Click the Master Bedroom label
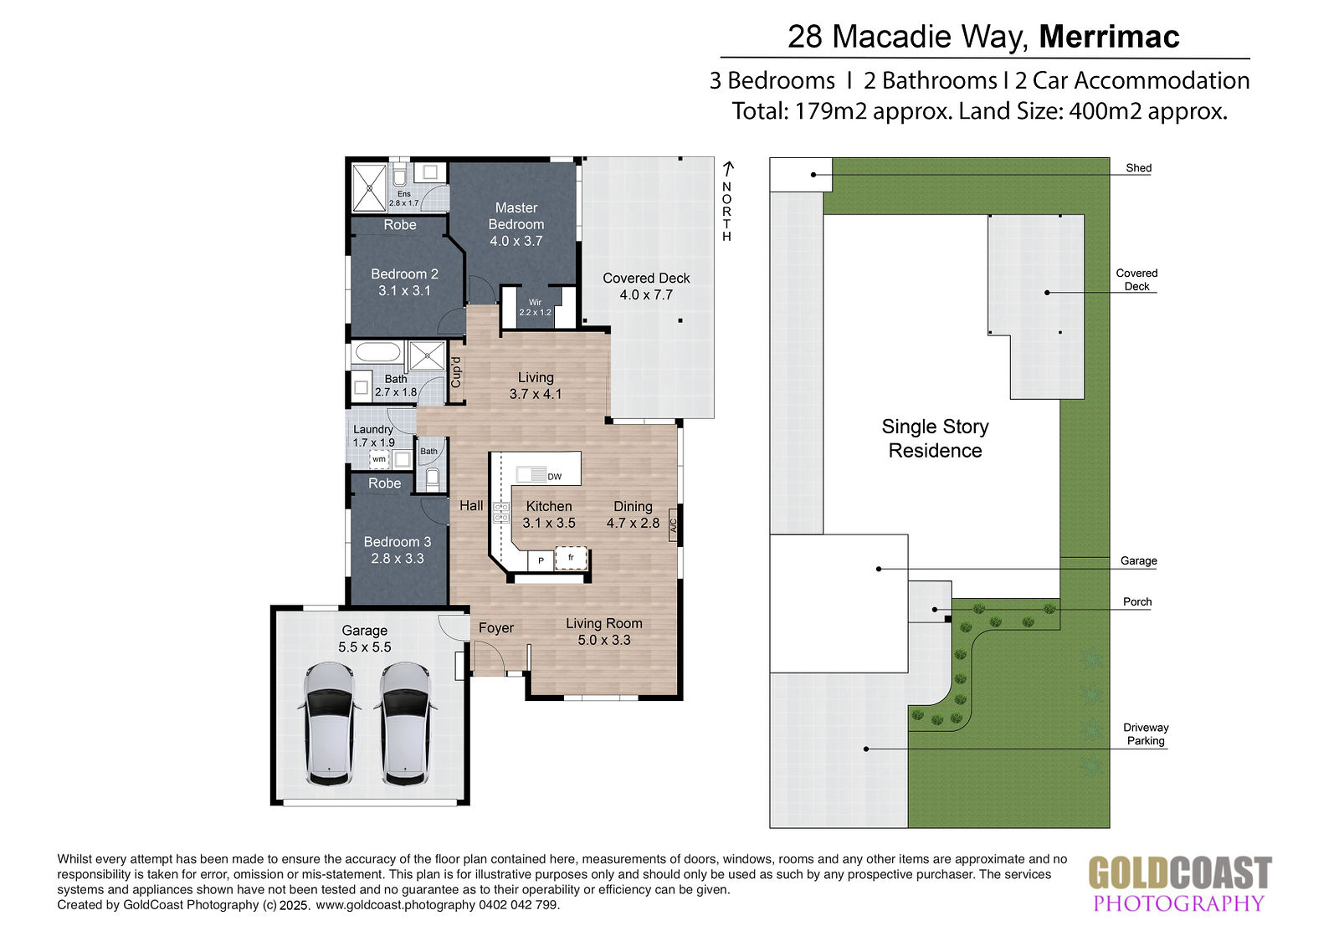(x=516, y=216)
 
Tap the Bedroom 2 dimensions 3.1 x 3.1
(x=404, y=290)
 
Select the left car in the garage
(x=330, y=724)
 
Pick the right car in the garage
(x=405, y=724)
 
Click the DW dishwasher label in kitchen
(x=554, y=476)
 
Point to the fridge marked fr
(x=571, y=558)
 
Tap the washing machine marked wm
(x=379, y=459)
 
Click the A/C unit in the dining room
(x=673, y=524)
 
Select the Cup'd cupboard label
(x=456, y=371)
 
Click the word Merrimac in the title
(x=1109, y=36)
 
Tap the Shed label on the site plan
(x=1138, y=168)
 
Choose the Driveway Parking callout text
(x=1146, y=734)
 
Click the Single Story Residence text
(x=935, y=438)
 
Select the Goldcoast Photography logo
(x=1180, y=883)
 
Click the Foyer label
(x=496, y=627)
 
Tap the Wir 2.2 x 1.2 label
(x=535, y=307)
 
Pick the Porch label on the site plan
(x=1137, y=601)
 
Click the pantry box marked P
(x=541, y=560)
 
